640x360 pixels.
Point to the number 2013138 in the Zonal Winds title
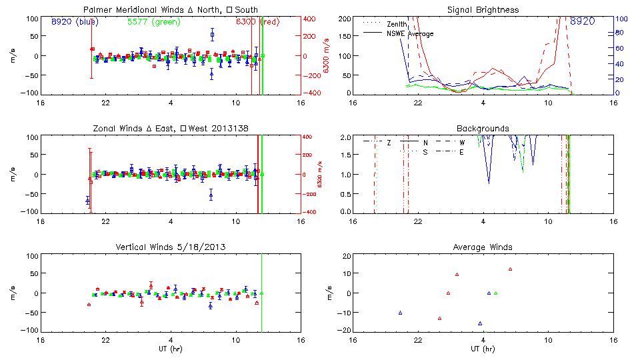229,128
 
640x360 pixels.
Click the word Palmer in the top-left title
98,10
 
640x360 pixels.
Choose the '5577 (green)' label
153,22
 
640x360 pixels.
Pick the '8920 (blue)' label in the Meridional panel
74,22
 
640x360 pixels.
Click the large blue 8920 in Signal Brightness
583,22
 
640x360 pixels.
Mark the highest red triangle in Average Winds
510,269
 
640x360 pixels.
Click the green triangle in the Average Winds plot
495,293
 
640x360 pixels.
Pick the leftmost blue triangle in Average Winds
400,313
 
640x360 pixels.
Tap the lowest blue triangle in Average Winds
480,323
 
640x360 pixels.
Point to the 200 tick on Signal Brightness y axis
345,19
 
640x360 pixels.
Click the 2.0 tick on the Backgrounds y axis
346,137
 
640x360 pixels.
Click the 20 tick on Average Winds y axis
347,256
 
